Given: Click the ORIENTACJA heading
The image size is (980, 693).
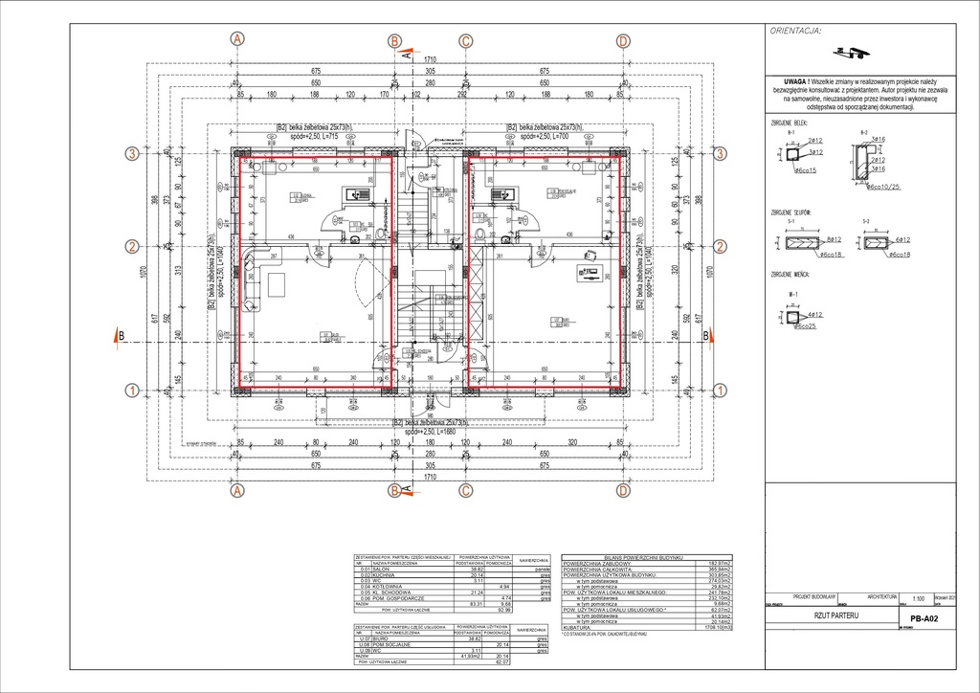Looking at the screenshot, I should (x=794, y=31).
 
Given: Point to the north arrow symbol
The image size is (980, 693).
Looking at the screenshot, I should (x=844, y=53).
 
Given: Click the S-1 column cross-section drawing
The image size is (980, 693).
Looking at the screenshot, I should (x=797, y=244).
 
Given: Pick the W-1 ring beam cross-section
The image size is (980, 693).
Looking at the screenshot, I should (x=793, y=315).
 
